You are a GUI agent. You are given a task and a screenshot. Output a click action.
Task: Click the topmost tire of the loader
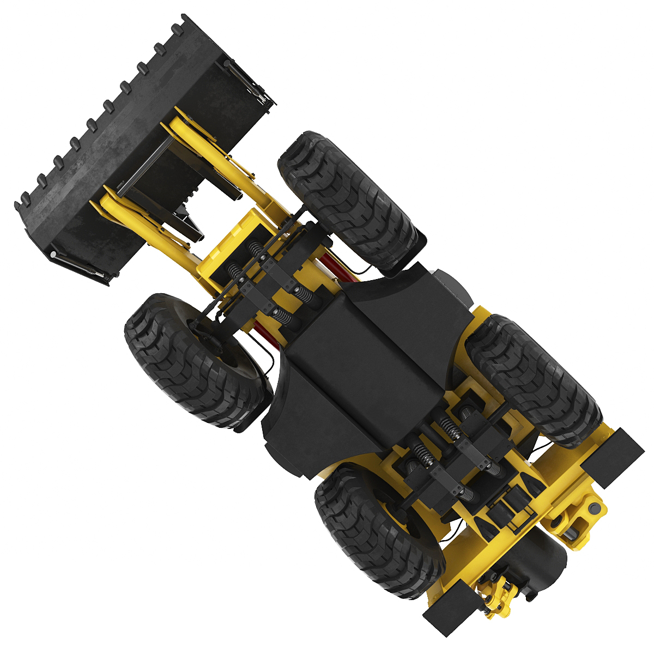[x=349, y=202]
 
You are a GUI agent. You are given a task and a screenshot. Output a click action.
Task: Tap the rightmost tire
[x=534, y=379]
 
